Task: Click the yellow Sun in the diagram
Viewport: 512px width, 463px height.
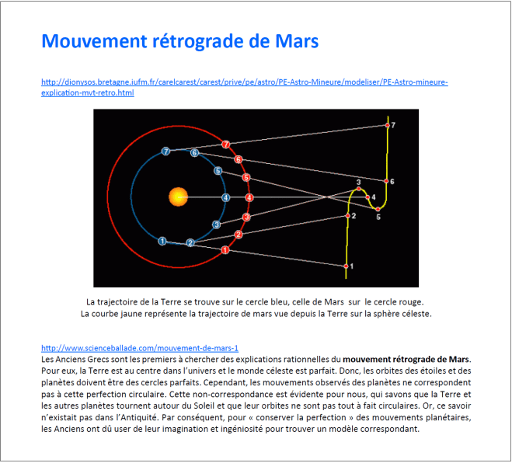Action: pyautogui.click(x=179, y=197)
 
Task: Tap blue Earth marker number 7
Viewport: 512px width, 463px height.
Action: pyautogui.click(x=165, y=151)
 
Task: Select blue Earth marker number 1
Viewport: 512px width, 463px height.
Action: pyautogui.click(x=162, y=242)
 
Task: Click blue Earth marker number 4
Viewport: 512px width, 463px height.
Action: pyautogui.click(x=226, y=197)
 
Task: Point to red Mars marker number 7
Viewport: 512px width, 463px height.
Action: pyautogui.click(x=225, y=144)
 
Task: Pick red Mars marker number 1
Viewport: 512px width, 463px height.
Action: pyautogui.click(x=225, y=250)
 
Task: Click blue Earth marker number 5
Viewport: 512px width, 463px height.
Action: pyautogui.click(x=218, y=171)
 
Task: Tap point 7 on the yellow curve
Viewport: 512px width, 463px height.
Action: pyautogui.click(x=388, y=125)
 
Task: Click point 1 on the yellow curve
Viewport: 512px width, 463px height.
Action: pyautogui.click(x=347, y=266)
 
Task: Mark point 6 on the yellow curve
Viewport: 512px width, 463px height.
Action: pyautogui.click(x=387, y=182)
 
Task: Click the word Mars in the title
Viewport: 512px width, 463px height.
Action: pyautogui.click(x=297, y=41)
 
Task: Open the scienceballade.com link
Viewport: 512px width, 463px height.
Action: pyautogui.click(x=139, y=349)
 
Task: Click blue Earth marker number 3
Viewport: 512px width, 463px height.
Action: pyautogui.click(x=217, y=225)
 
